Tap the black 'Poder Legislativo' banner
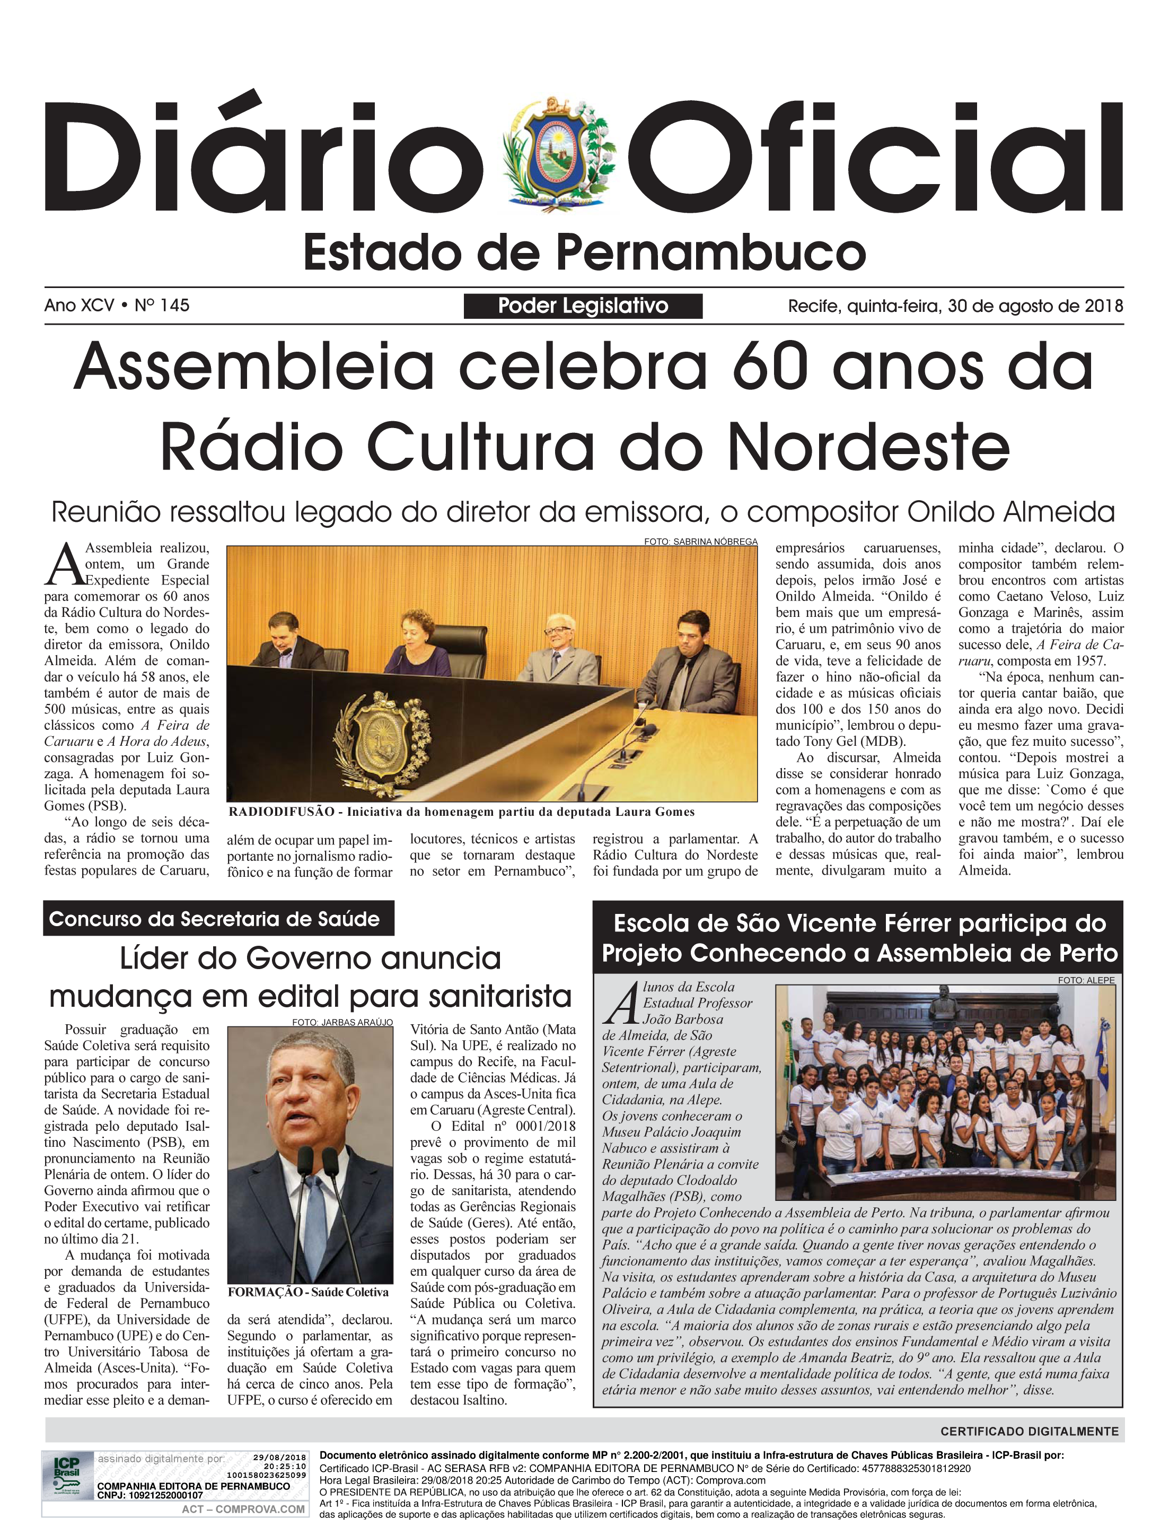[583, 306]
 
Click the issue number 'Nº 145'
[162, 305]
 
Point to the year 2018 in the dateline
[1104, 306]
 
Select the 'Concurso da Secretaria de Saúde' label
[214, 919]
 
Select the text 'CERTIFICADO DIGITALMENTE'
[1029, 1432]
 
